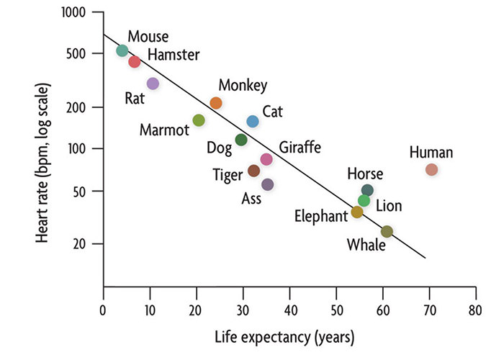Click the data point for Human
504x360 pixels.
[x=431, y=170]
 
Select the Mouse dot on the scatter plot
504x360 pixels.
[x=122, y=50]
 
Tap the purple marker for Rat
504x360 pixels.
[x=153, y=84]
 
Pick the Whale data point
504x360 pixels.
[x=387, y=231]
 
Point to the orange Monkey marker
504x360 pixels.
[x=216, y=103]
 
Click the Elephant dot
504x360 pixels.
[x=357, y=212]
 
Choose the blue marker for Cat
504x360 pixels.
[x=253, y=122]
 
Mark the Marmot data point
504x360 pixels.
[x=199, y=120]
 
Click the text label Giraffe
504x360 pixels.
[x=300, y=148]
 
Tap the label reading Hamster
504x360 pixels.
[x=174, y=55]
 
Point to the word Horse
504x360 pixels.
[x=365, y=174]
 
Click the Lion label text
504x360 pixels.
[x=389, y=206]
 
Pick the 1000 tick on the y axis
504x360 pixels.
[x=73, y=13]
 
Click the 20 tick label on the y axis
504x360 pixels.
[x=80, y=243]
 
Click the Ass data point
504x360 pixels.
[x=267, y=185]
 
